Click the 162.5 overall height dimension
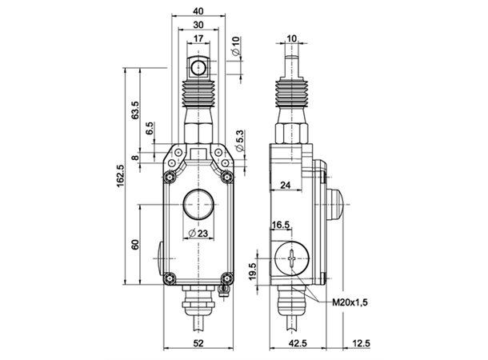click(121, 175)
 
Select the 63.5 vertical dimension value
click(135, 110)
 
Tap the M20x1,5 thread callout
click(350, 302)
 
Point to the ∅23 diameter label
click(198, 233)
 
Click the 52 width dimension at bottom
click(198, 343)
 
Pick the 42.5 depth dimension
click(298, 343)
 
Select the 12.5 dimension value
click(362, 343)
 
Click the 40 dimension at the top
click(198, 11)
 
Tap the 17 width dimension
click(198, 38)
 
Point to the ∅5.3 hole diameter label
click(240, 141)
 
